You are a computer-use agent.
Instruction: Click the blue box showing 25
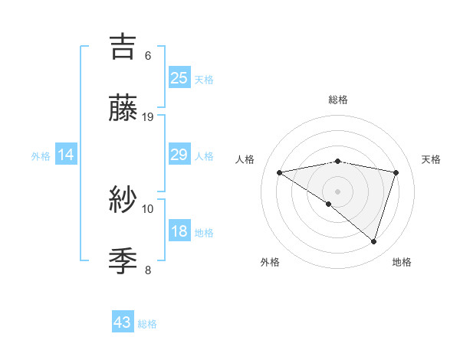tap(179, 77)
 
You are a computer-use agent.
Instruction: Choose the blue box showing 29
tap(179, 155)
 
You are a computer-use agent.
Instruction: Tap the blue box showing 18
tap(179, 231)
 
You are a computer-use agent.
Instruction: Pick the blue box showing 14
tap(66, 155)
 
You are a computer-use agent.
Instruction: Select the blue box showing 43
tap(123, 322)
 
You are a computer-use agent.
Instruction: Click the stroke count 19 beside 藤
tap(148, 117)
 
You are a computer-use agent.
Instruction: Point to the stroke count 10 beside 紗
tap(148, 208)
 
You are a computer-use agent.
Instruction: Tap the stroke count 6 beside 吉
tap(148, 56)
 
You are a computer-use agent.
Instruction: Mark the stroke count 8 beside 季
tap(148, 270)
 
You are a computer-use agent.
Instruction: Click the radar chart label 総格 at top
tap(337, 100)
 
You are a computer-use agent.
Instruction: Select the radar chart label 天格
tap(431, 159)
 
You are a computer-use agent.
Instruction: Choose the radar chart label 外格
tap(269, 262)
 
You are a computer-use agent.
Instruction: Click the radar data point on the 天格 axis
tap(396, 172)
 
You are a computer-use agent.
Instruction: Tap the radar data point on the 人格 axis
tap(279, 172)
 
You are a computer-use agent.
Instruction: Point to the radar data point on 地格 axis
tap(373, 241)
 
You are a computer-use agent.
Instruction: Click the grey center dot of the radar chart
tap(337, 191)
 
